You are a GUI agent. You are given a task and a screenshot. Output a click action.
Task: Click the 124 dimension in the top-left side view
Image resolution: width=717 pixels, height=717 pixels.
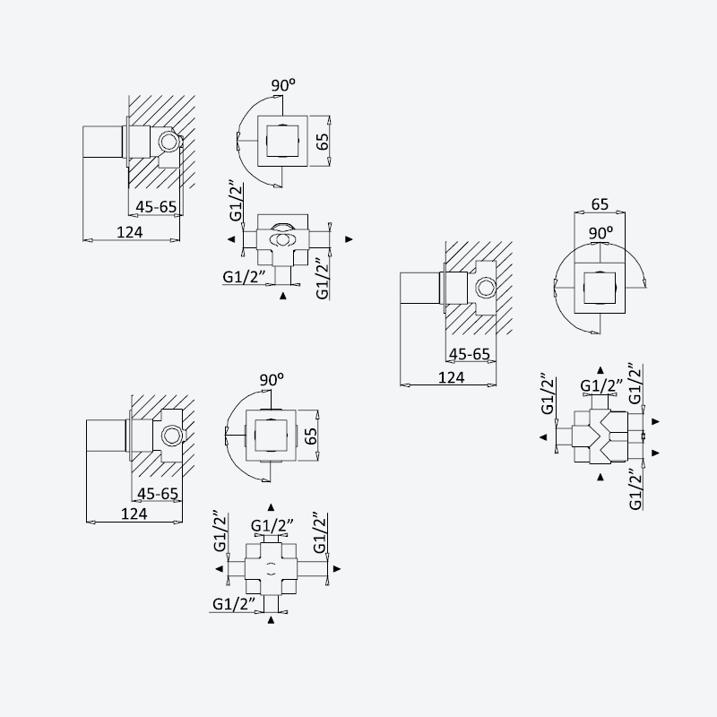click(x=130, y=232)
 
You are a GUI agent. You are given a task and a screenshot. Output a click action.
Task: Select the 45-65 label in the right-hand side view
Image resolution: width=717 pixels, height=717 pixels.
click(x=470, y=354)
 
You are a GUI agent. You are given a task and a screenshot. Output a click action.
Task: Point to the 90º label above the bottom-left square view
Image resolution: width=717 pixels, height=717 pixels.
click(x=272, y=380)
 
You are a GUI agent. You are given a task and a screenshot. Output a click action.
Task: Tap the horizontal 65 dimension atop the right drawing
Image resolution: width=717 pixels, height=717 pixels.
click(x=600, y=204)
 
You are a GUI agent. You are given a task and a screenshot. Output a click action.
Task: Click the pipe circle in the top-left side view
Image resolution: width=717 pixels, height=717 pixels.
click(x=170, y=142)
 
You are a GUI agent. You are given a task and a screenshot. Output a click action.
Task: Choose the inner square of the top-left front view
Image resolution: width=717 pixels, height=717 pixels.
click(x=282, y=141)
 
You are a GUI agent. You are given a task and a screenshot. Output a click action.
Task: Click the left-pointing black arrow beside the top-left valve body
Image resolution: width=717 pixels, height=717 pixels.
click(x=231, y=238)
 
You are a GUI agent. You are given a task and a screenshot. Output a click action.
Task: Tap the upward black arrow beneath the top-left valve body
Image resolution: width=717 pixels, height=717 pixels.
click(x=283, y=296)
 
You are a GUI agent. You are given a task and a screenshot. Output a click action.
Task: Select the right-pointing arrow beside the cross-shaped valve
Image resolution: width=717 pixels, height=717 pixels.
click(x=337, y=569)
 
